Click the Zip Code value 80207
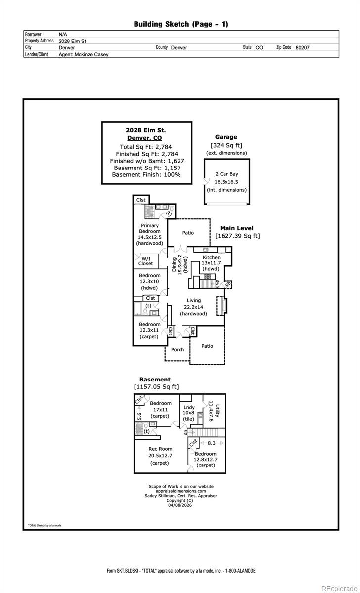click(x=302, y=47)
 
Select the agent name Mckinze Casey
click(x=84, y=55)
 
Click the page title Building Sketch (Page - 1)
click(x=181, y=24)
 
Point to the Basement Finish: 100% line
click(x=146, y=174)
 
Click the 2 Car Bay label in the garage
click(x=227, y=174)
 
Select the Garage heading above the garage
click(x=226, y=137)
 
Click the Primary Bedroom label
click(x=149, y=228)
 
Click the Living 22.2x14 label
click(x=193, y=307)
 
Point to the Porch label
click(x=178, y=349)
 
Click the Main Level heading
click(x=236, y=228)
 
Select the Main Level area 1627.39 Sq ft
click(x=237, y=236)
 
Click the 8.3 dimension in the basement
click(x=211, y=444)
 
